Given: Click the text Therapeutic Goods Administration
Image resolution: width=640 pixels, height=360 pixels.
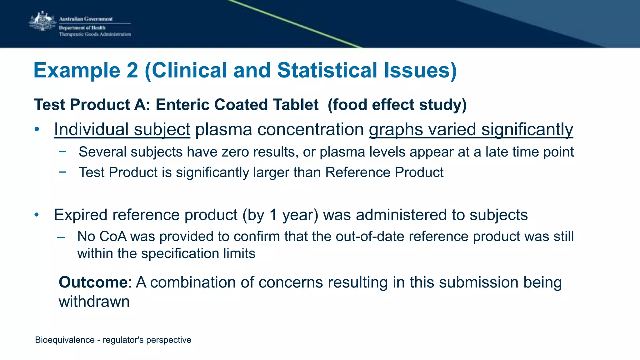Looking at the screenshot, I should coord(95,34).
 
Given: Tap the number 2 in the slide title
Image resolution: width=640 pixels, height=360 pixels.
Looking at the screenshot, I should coord(132,70).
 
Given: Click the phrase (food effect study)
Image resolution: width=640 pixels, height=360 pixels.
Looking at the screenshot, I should coord(397,105).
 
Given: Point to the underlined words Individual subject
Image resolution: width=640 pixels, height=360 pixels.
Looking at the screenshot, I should coord(122,129).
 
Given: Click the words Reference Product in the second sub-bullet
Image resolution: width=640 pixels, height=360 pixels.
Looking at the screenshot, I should coord(384,172).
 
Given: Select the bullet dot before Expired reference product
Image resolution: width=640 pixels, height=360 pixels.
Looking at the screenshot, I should coord(37,215).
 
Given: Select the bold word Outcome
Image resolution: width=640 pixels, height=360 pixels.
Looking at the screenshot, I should coord(93,282).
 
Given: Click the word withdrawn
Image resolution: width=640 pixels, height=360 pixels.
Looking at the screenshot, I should coord(94,302).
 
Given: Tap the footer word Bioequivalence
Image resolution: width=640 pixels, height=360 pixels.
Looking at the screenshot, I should coord(65,340).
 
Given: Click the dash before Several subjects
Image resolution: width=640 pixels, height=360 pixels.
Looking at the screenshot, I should coord(63,152).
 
